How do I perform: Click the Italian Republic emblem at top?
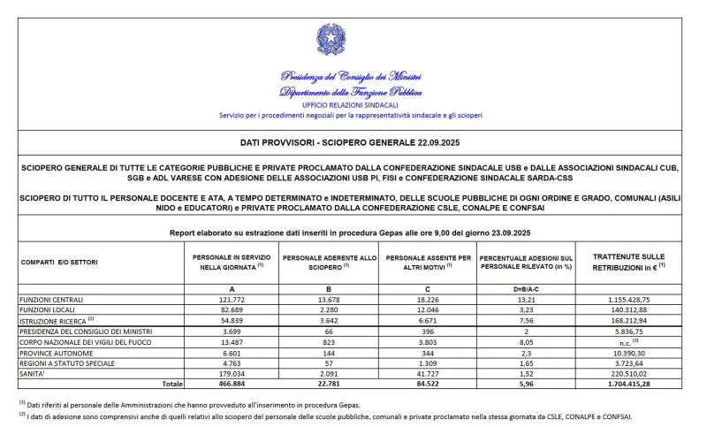click(331, 40)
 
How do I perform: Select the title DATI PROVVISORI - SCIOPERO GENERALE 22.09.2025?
click(351, 142)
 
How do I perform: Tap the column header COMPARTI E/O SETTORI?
click(58, 262)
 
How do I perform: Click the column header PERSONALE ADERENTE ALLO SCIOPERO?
click(329, 262)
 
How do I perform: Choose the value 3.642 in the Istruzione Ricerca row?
click(329, 321)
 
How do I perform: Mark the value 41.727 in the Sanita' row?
click(428, 373)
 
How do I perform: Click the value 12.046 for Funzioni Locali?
click(428, 310)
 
